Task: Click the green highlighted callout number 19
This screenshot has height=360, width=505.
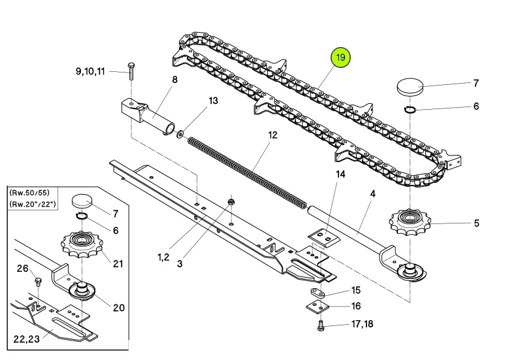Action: (x=340, y=57)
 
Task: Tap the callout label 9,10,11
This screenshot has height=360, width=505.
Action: (x=90, y=71)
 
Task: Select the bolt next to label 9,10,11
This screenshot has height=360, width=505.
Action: (x=131, y=71)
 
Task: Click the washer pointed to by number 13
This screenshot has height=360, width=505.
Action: (x=180, y=133)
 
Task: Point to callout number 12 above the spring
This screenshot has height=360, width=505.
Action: (x=272, y=135)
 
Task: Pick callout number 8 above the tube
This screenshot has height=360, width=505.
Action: (x=174, y=79)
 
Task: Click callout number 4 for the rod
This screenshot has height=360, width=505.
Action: (x=372, y=194)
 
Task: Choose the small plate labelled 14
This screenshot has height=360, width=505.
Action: (x=323, y=238)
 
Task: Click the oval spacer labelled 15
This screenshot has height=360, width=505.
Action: (x=318, y=293)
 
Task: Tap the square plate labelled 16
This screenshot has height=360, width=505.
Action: (x=318, y=306)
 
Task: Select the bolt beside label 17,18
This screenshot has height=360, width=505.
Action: (x=321, y=325)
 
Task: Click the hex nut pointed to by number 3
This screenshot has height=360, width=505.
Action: (x=231, y=202)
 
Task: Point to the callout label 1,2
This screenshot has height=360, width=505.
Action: (x=163, y=257)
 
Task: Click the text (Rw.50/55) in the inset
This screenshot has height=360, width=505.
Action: (x=29, y=193)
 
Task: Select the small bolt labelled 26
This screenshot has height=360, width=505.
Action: (x=38, y=282)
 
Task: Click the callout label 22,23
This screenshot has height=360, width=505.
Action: (x=26, y=338)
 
